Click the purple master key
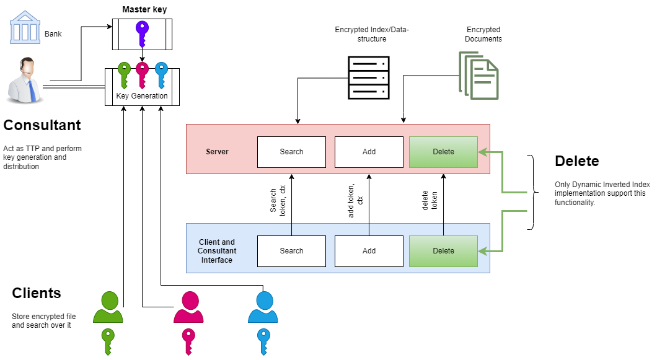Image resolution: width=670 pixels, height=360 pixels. point(143,34)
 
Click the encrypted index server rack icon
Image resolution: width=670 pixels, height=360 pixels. point(368,77)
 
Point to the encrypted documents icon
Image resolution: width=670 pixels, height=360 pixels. point(478,74)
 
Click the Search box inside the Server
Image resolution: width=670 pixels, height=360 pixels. point(291,152)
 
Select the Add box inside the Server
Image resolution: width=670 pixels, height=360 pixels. point(369,152)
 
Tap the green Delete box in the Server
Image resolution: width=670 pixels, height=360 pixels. point(443,152)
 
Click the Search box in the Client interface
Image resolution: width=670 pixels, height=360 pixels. point(291,251)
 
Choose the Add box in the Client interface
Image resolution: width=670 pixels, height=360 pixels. point(369,251)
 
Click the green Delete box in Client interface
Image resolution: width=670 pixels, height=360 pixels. point(443,251)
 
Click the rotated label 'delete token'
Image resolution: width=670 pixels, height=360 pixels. point(430,200)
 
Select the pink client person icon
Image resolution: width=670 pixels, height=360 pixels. point(189,307)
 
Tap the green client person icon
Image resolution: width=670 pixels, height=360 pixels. point(108,307)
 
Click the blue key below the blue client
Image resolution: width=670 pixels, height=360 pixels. point(263,341)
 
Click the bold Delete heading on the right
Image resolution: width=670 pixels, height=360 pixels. point(576,161)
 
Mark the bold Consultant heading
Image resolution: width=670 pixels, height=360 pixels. point(42,125)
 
